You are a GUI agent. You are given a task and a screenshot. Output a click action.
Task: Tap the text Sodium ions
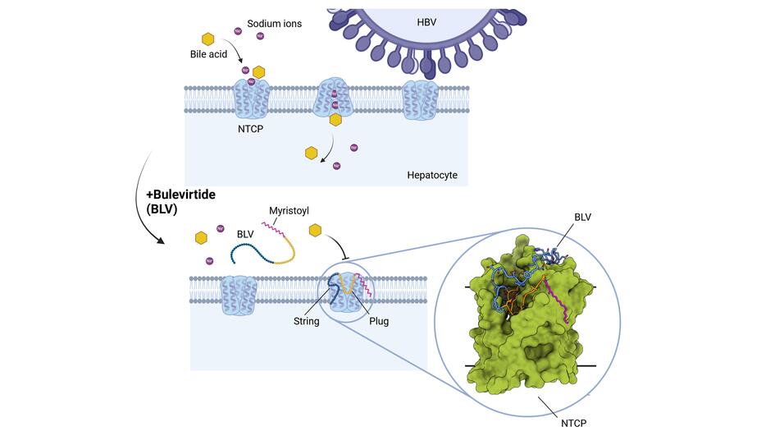[275, 24]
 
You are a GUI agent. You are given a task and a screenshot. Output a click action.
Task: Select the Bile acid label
[208, 55]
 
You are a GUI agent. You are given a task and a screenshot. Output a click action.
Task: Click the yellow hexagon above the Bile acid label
[208, 39]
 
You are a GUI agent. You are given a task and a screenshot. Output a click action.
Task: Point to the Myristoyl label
[289, 212]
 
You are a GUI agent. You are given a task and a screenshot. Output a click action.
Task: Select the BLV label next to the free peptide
[245, 234]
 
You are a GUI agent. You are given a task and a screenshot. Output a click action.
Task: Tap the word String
[308, 321]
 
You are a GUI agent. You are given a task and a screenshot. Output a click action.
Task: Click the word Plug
[379, 321]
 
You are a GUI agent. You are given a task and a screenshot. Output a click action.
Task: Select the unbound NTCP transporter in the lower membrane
[237, 293]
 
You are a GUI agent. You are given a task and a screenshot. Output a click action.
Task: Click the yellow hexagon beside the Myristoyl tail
[315, 232]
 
